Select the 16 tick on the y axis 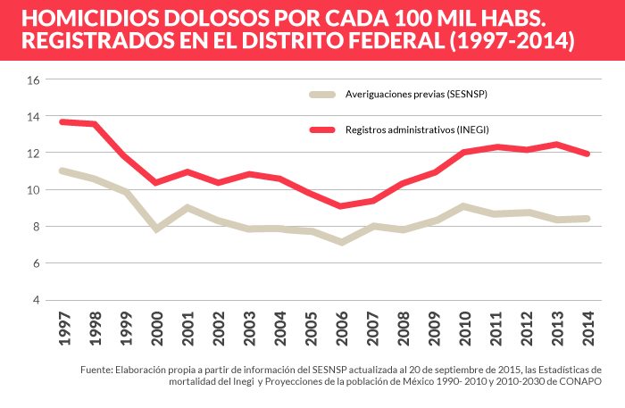click(35, 79)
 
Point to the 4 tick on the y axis click(37, 300)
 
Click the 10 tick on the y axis click(35, 190)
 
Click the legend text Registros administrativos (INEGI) click(417, 129)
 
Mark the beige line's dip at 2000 click(157, 229)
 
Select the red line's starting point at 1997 click(62, 121)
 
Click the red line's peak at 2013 click(555, 144)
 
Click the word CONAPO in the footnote click(580, 381)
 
